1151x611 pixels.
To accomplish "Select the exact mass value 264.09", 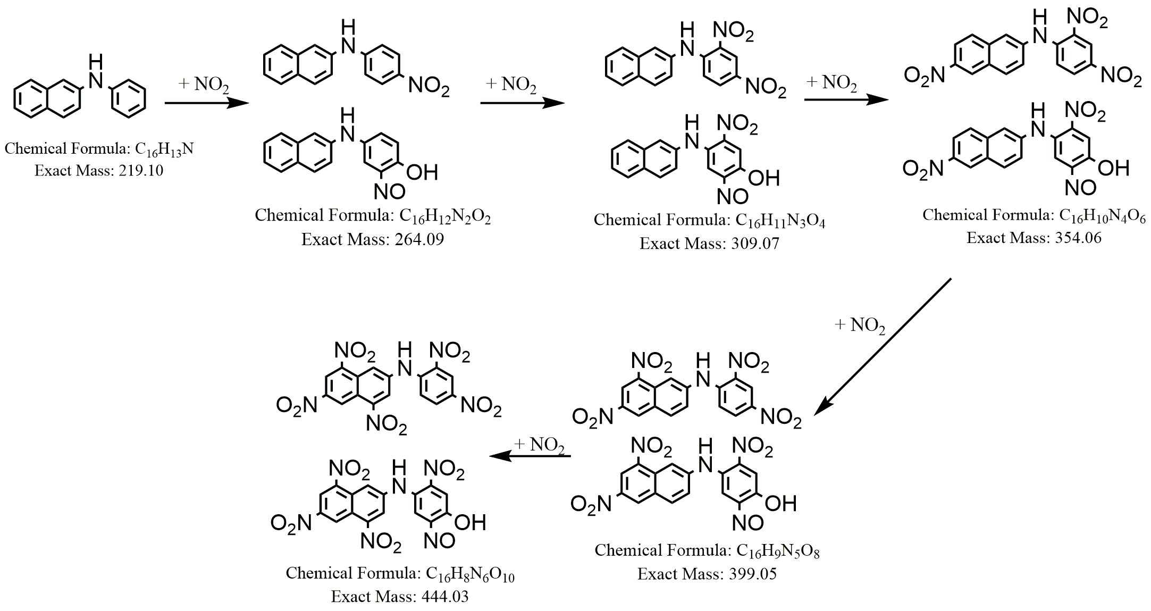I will coord(419,239).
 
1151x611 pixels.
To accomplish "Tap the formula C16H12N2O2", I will coord(445,216).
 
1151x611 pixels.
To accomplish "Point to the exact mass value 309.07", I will coord(755,244).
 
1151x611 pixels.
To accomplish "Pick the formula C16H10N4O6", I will coord(1102,216).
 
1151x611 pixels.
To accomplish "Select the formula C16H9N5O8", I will coord(776,551).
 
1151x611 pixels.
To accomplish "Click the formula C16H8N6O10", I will coord(470,574).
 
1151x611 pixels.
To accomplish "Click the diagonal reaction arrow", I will coord(883,346).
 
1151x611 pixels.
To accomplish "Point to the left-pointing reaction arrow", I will coord(530,456).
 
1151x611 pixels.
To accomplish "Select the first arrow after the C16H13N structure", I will coord(207,103).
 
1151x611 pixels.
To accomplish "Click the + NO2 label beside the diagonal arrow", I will coord(860,325).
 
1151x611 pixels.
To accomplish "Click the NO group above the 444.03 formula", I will coord(439,541).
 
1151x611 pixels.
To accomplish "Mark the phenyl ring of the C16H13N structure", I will coord(128,99).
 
